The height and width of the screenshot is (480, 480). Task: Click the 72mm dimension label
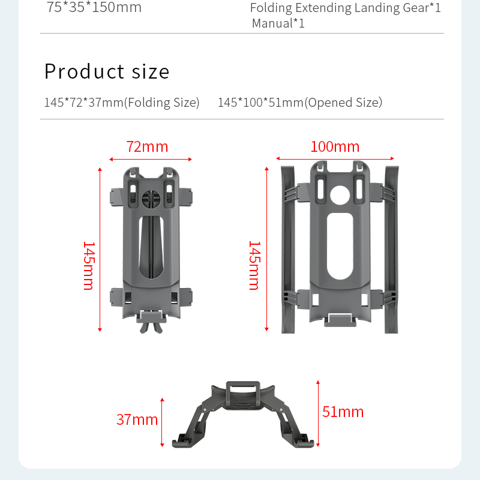[147, 146]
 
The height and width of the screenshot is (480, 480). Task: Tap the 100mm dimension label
[335, 146]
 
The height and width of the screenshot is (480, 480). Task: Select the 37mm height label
[137, 419]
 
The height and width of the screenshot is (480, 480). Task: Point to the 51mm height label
[343, 412]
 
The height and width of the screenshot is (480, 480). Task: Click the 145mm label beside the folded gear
[89, 266]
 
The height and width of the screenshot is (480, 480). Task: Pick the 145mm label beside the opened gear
[254, 265]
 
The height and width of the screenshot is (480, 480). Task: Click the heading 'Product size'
[107, 71]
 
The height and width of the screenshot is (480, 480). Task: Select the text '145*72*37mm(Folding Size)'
[122, 103]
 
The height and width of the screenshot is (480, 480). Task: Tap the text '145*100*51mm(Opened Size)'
[300, 103]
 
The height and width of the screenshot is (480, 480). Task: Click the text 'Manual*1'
[278, 23]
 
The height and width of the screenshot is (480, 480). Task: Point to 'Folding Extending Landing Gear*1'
[346, 8]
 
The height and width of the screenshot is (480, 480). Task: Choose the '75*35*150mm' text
[94, 7]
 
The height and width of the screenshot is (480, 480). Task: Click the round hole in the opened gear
[340, 195]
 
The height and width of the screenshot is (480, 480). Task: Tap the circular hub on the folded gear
[151, 199]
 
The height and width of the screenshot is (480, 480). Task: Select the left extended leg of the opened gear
[288, 250]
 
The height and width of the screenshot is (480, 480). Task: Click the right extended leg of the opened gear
[392, 250]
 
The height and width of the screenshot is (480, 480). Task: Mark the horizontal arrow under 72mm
[151, 159]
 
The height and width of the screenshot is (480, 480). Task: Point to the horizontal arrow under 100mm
[335, 158]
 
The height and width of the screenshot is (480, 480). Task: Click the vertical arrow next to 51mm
[318, 413]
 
